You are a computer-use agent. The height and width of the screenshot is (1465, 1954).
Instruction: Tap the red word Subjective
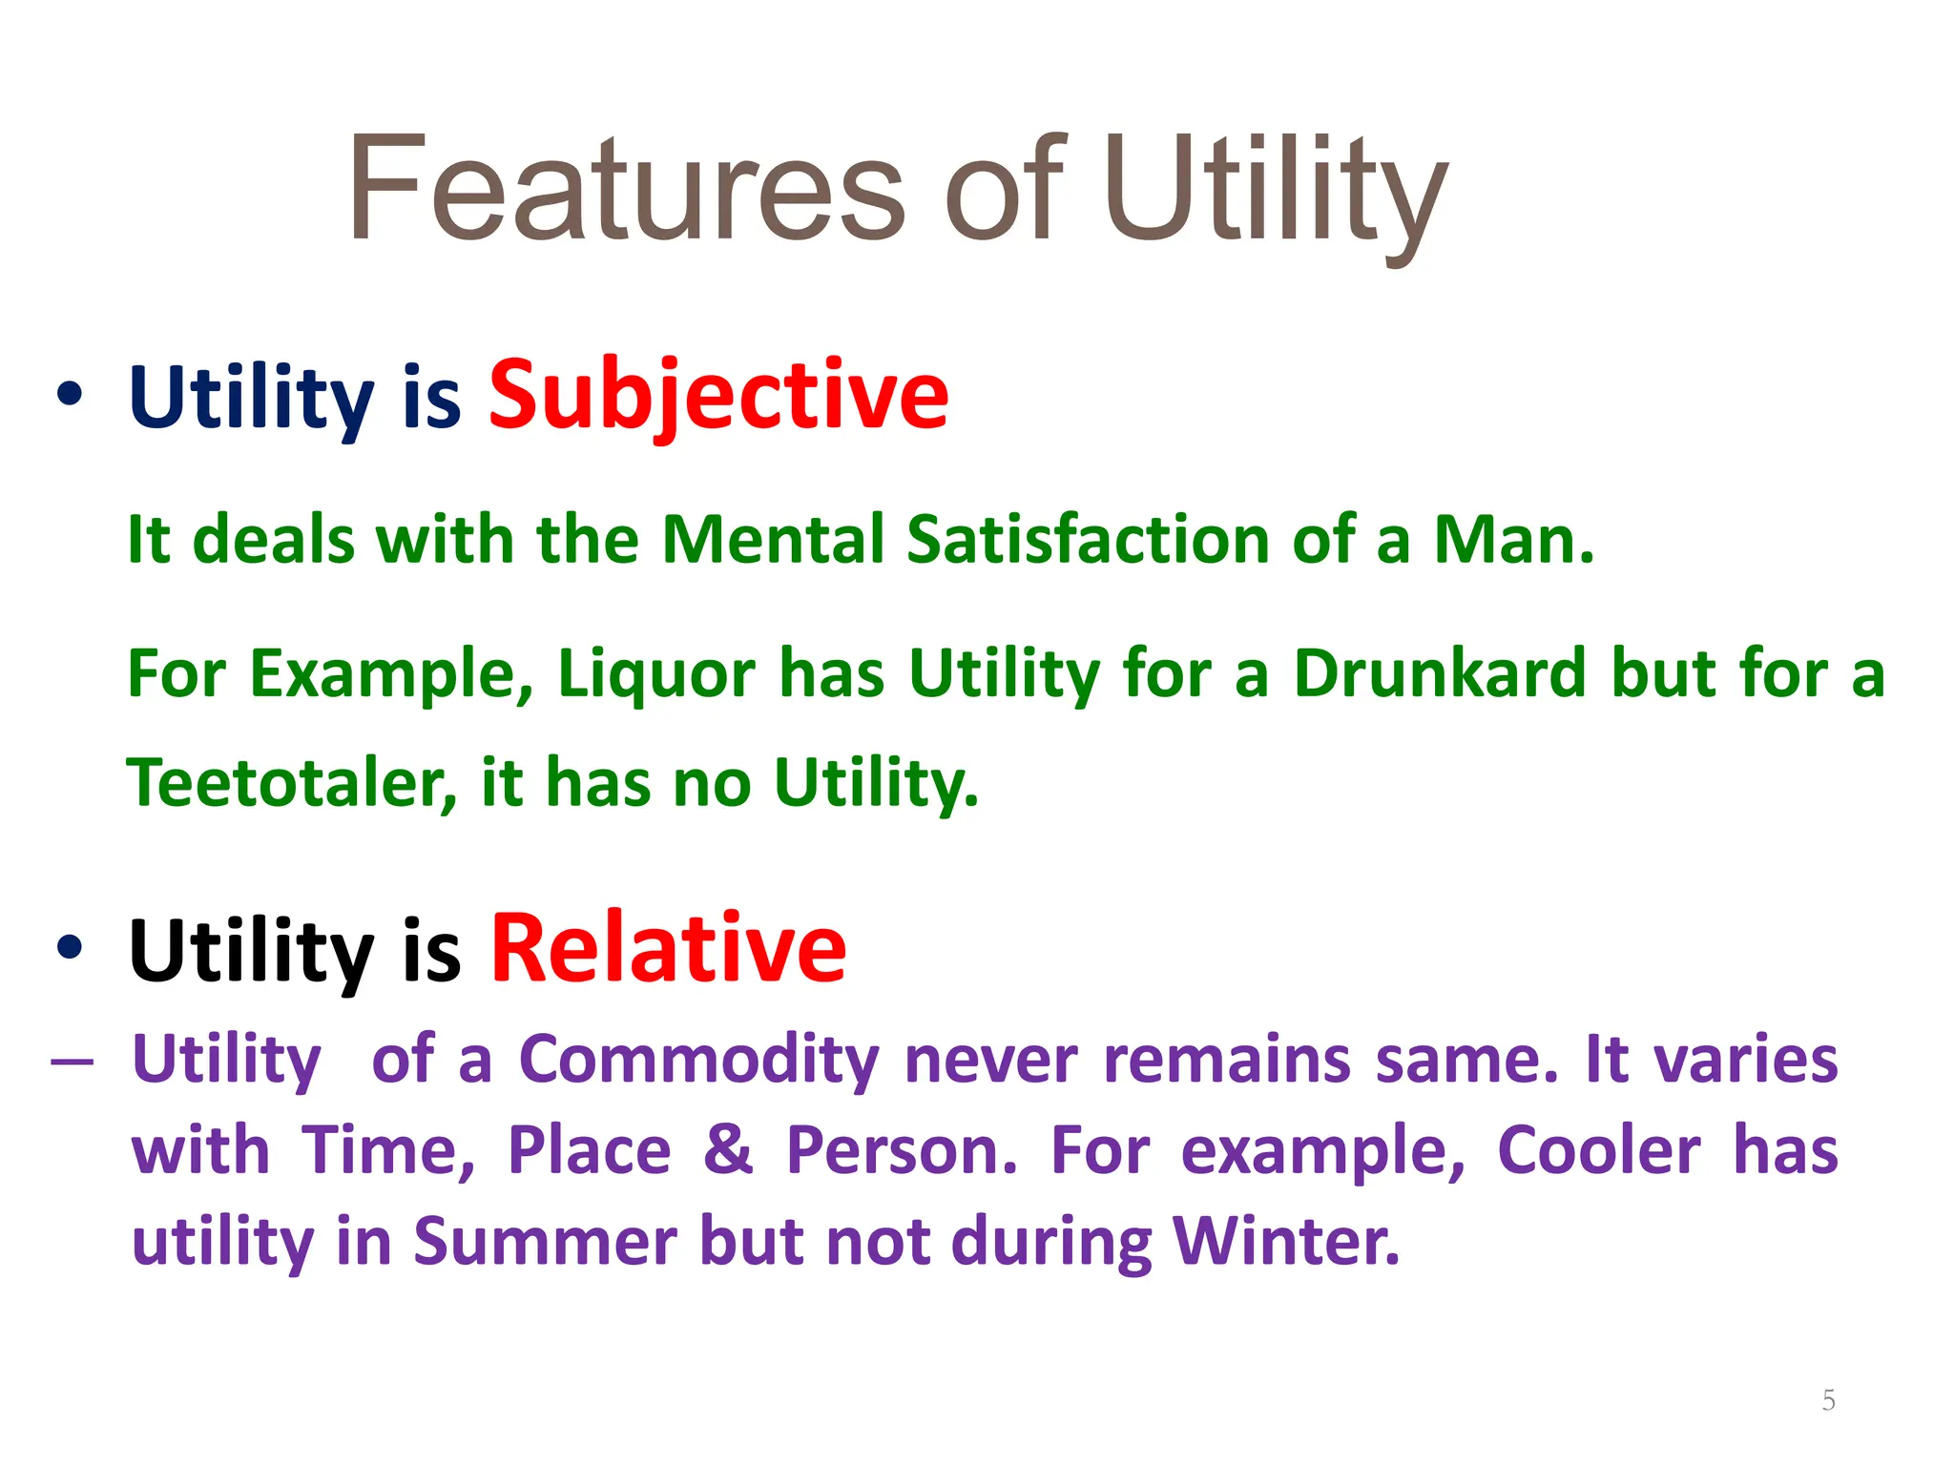click(718, 395)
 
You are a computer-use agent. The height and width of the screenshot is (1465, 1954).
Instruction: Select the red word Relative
click(668, 949)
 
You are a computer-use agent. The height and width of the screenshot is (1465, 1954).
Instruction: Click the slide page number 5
click(1828, 1400)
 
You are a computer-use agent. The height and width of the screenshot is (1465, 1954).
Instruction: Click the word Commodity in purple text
click(698, 1061)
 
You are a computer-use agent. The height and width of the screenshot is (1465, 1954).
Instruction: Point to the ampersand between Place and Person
click(728, 1149)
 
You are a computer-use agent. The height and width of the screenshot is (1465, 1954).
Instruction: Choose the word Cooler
click(1598, 1149)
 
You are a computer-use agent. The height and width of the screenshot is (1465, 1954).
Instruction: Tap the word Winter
click(1286, 1241)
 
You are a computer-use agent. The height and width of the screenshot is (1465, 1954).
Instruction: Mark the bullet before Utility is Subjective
click(70, 395)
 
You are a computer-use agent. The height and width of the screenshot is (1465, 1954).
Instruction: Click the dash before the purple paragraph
click(73, 1062)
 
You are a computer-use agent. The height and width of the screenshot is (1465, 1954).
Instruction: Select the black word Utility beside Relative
click(251, 951)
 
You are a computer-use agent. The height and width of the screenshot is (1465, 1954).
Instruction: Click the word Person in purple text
click(902, 1149)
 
